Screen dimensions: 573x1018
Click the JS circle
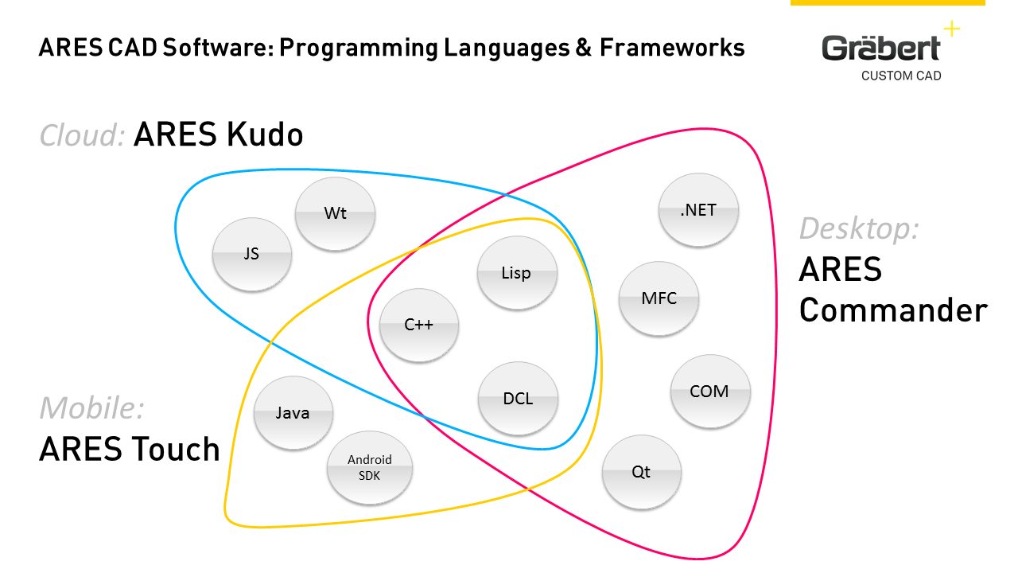(252, 255)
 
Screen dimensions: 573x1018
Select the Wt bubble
(335, 213)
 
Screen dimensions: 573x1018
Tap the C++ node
(419, 325)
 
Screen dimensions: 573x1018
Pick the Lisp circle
(516, 273)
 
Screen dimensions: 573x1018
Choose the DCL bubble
(518, 399)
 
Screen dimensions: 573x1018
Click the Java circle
(293, 413)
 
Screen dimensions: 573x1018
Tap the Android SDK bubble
(370, 468)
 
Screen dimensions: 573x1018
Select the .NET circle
(698, 210)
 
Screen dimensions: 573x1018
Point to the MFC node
(659, 298)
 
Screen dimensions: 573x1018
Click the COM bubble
(709, 391)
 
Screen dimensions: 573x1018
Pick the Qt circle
(641, 472)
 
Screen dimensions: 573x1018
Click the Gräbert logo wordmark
(880, 49)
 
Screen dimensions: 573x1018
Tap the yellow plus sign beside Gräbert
(951, 29)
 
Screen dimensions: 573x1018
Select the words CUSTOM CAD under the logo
(901, 76)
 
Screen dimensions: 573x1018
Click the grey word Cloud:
(82, 135)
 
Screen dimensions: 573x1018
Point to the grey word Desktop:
(859, 228)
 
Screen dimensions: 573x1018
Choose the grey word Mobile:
(91, 407)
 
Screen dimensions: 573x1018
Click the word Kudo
(262, 135)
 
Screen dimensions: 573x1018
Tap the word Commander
(893, 310)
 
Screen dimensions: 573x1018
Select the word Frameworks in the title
(672, 48)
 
